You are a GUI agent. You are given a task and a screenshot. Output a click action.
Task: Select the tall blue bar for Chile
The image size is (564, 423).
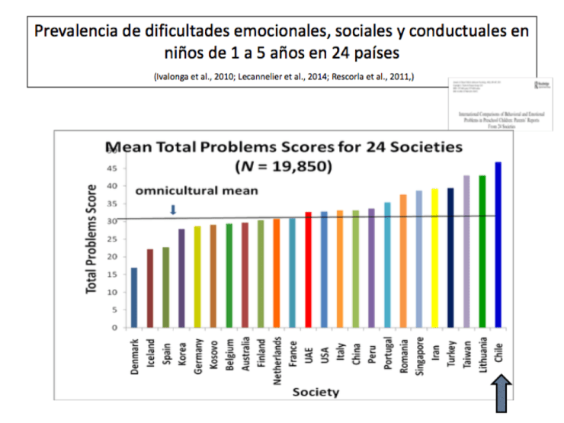pos(498,245)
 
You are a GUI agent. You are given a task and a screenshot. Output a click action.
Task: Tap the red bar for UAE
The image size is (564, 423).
pos(308,270)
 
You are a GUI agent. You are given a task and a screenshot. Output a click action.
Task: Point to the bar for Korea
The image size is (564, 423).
pos(181,278)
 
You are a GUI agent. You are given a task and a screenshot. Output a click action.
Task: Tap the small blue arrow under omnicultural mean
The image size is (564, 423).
pos(172,210)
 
